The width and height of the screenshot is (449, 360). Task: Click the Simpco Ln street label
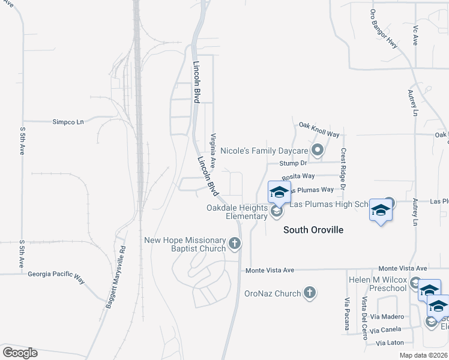(68, 121)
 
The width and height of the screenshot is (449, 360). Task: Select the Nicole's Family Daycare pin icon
(318, 150)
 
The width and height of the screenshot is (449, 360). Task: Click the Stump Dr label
(295, 163)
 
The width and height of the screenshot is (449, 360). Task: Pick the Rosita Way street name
(298, 176)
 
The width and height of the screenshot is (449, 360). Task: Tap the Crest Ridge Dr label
(343, 169)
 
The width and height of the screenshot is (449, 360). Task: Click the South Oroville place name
(313, 230)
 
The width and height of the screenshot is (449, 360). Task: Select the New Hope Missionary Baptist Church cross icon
(235, 244)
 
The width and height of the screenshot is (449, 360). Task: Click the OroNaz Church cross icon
(309, 293)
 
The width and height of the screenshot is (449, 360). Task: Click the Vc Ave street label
(415, 35)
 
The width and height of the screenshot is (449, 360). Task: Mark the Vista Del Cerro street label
(364, 317)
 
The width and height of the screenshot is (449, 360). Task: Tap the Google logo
(20, 352)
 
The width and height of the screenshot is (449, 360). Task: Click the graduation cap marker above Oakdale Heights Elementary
(279, 193)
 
